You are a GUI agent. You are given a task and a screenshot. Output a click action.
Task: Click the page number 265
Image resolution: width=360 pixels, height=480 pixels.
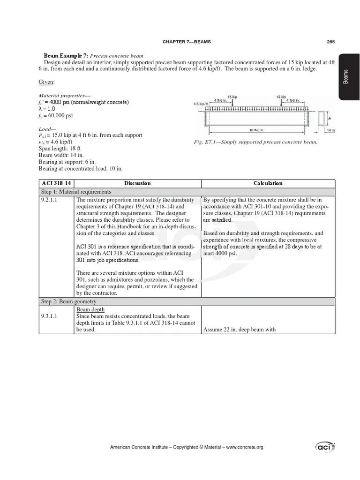coord(330,42)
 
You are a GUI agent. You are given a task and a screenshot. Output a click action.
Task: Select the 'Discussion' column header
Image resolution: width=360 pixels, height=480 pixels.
coord(137,183)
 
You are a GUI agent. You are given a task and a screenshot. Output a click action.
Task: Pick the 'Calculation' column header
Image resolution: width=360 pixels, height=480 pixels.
coord(268,183)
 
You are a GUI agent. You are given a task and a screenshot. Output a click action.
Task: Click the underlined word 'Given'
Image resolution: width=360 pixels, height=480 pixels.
coord(46,82)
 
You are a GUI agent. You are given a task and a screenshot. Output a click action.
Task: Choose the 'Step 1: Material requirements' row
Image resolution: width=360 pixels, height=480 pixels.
coord(75,192)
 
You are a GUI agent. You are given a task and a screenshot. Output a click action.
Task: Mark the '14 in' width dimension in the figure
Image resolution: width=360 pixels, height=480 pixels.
coord(330,130)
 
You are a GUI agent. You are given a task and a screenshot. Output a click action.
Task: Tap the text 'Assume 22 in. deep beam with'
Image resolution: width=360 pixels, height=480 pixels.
coord(239,330)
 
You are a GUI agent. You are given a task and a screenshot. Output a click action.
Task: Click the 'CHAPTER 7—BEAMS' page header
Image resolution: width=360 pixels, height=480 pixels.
coord(187,42)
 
